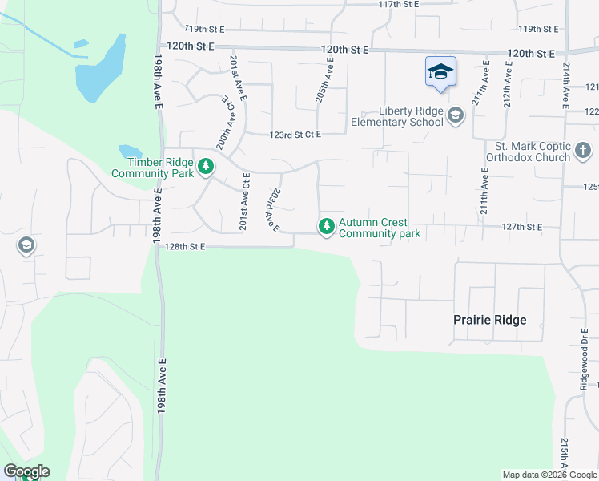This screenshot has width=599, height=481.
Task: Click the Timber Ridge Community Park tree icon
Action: point(207,167)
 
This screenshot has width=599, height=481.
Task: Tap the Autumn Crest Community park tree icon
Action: point(326,228)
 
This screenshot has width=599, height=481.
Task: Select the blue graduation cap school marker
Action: point(440,72)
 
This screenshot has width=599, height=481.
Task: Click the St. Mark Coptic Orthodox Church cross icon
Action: point(583,150)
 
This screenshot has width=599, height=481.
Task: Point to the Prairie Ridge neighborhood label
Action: point(490,321)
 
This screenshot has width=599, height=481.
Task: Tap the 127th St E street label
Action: point(519,228)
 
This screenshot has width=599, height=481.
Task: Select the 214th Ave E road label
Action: point(565,85)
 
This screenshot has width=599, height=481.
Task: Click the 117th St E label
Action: point(399,4)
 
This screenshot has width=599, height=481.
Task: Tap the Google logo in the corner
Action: point(26,471)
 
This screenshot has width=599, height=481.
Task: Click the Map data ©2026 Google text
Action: point(549,475)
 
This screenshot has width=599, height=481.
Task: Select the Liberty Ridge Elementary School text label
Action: point(398,117)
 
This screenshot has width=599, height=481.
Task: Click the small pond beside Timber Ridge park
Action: point(130,151)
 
